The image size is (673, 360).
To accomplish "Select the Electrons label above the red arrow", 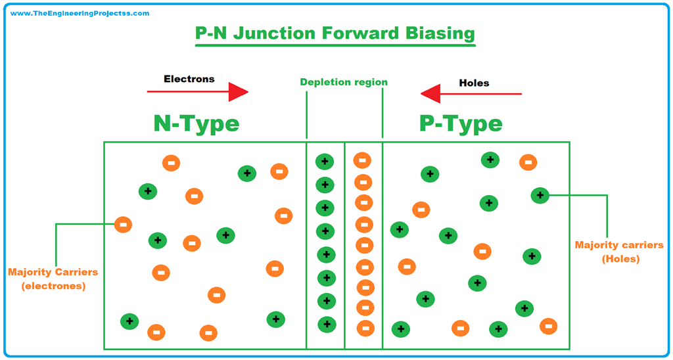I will (189, 79).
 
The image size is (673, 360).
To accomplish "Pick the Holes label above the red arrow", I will (474, 83).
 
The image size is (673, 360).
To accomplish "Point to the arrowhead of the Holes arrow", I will (431, 94).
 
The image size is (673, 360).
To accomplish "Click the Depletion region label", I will (344, 82).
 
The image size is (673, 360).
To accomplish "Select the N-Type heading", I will (197, 123).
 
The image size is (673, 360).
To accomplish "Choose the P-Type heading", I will (461, 123).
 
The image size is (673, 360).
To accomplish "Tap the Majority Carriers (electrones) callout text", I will (53, 279).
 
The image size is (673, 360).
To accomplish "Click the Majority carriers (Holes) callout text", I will (620, 252).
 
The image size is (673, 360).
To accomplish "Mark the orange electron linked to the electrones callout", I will (122, 225).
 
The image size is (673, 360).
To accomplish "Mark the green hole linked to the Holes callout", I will (540, 194).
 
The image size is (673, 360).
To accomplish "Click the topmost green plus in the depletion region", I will (325, 162).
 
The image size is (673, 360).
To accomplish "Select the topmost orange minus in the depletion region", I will (362, 160).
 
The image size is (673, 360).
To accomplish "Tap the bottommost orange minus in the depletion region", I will (365, 328).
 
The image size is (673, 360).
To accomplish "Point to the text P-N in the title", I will (212, 33).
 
